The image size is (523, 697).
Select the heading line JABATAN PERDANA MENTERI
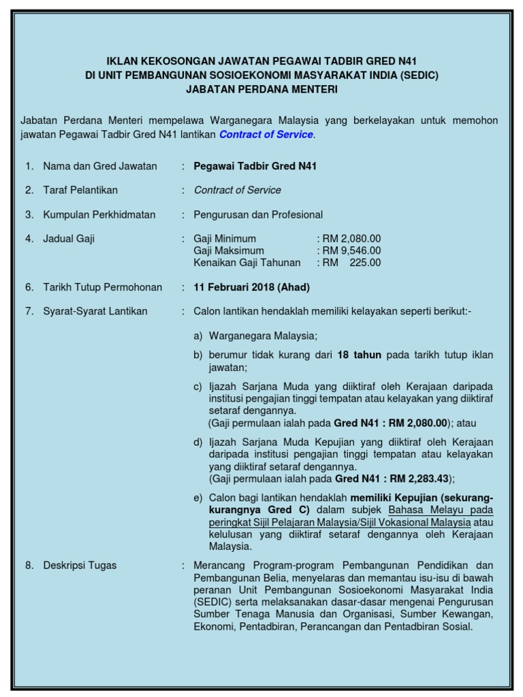(261, 89)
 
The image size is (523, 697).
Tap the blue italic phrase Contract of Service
(266, 135)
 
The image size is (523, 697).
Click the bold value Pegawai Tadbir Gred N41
(255, 166)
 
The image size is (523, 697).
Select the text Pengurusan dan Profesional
(258, 215)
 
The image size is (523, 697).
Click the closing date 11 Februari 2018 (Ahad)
(252, 287)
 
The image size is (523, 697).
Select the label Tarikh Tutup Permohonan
(103, 287)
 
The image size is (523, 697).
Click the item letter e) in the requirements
(198, 498)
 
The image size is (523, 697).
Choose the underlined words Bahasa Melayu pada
(441, 510)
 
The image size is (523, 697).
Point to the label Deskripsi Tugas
(80, 566)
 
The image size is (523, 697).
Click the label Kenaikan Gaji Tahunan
(248, 262)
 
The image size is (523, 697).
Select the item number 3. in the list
(29, 215)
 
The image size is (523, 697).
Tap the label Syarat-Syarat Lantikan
(95, 312)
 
